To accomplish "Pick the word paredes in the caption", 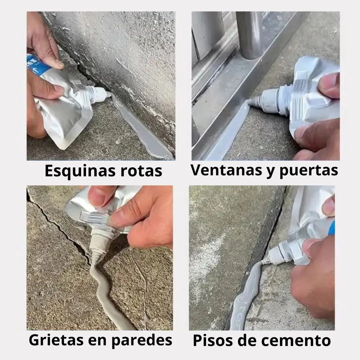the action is point(142,340).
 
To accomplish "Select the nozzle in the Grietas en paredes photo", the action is point(98,248).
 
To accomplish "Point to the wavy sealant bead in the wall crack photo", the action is point(103,292).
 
